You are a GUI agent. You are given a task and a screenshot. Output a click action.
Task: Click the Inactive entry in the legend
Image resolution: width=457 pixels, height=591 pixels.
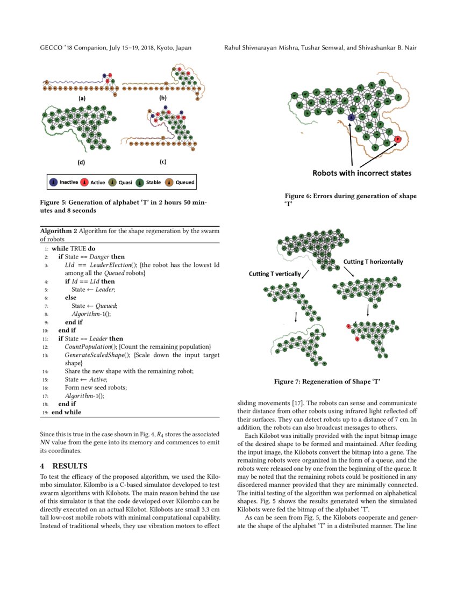point(63,182)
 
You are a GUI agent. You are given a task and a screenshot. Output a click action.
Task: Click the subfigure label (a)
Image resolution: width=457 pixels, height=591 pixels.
point(82,98)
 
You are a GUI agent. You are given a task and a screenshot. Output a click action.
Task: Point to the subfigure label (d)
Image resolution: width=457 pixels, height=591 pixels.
point(81,161)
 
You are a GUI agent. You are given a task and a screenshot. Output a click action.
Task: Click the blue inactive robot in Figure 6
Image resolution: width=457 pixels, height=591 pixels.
point(351,116)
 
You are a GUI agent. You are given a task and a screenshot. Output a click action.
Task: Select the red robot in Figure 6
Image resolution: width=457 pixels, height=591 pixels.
point(397,140)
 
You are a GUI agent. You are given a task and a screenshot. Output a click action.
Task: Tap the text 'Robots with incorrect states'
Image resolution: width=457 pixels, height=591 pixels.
point(362,173)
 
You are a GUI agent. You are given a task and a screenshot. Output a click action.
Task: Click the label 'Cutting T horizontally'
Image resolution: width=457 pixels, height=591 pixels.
point(373,262)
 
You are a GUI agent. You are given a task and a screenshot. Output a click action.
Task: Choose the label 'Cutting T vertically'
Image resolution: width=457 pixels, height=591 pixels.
point(274,273)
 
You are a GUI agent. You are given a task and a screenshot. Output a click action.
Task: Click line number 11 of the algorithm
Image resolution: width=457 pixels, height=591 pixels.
point(46,339)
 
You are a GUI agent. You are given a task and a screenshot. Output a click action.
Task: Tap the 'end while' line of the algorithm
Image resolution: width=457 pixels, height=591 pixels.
point(66,412)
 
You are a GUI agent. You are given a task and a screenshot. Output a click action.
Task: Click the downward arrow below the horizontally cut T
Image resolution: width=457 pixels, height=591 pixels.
point(367,311)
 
